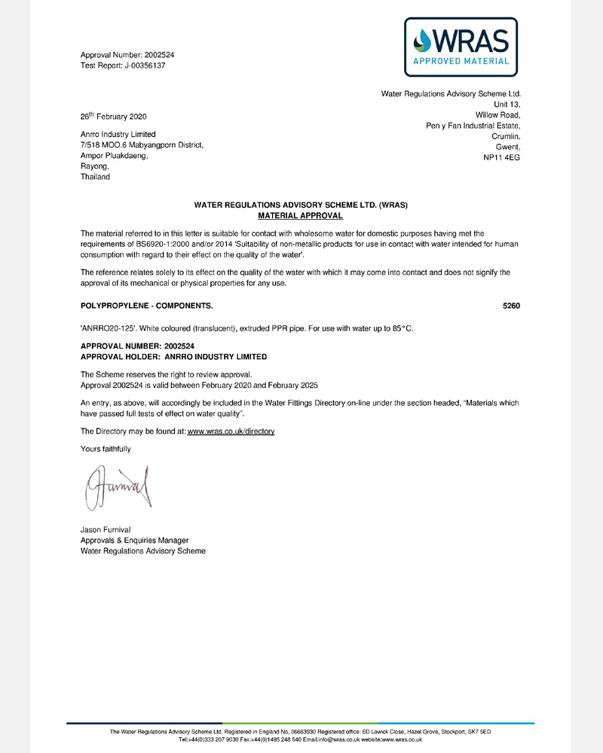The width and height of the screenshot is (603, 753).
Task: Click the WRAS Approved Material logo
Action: [461, 47]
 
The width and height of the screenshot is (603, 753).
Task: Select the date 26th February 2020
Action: [113, 117]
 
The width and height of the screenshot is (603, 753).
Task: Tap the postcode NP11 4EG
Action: [501, 157]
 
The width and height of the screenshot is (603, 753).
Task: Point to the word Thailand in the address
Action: [95, 177]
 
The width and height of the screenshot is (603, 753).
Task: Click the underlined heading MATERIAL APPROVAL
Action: [301, 215]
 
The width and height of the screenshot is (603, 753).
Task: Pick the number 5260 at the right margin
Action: [512, 306]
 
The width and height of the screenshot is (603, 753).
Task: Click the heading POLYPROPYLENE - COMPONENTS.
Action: [146, 306]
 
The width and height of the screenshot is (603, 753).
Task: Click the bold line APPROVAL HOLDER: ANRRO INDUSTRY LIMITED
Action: [173, 356]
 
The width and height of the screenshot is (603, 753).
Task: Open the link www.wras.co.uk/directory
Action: [231, 431]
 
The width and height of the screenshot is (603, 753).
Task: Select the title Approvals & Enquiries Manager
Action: [134, 541]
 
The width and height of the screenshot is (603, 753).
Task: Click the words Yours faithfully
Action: [106, 449]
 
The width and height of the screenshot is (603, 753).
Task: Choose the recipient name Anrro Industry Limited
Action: [118, 135]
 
